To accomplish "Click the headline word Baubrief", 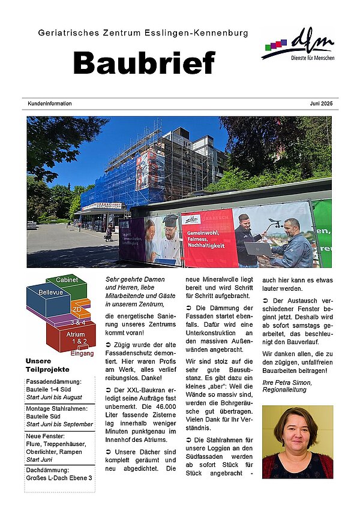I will [143, 62].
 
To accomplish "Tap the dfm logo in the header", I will [299, 45].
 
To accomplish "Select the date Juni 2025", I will [321, 104].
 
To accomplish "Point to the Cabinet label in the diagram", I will [67, 280].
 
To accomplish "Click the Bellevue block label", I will [50, 292].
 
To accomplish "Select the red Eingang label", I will [82, 354].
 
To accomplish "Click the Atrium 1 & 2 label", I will [77, 338].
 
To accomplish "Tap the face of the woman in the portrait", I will [297, 428].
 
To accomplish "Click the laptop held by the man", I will [257, 247].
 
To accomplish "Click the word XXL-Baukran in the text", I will [137, 390].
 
